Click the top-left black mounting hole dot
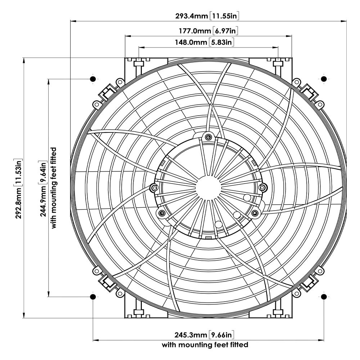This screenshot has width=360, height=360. (93, 78)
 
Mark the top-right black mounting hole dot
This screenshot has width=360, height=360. (323, 78)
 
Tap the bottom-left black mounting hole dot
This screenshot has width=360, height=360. (93, 297)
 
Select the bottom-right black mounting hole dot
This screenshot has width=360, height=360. (323, 297)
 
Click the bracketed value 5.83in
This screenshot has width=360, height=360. (222, 42)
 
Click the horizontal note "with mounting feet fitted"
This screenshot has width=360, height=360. (205, 345)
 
